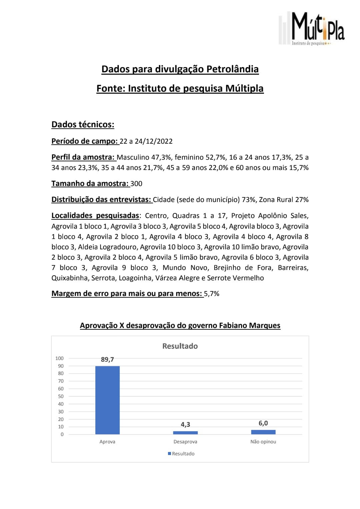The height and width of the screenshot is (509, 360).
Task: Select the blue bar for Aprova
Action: click(107, 400)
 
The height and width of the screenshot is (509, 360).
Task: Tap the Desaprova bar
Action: click(185, 433)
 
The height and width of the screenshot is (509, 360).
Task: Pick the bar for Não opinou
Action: click(263, 432)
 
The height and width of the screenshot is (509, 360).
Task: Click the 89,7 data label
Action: click(107, 359)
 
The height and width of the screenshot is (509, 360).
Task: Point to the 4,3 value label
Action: click(185, 424)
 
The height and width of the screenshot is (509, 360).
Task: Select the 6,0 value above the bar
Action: click(263, 423)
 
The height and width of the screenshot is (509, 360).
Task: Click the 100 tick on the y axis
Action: click(59, 358)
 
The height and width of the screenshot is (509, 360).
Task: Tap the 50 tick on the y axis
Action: click(61, 396)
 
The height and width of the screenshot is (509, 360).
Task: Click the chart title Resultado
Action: click(180, 346)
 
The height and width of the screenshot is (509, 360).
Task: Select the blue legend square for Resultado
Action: click(169, 454)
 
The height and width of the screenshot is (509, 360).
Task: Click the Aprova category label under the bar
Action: click(107, 442)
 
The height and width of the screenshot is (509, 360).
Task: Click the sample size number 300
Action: click(136, 184)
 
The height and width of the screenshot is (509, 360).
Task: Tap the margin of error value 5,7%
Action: click(212, 294)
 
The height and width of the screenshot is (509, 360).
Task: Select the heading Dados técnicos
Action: click(83, 125)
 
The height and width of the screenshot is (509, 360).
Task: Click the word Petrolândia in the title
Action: click(233, 69)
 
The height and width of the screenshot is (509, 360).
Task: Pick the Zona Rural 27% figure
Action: click(284, 200)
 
